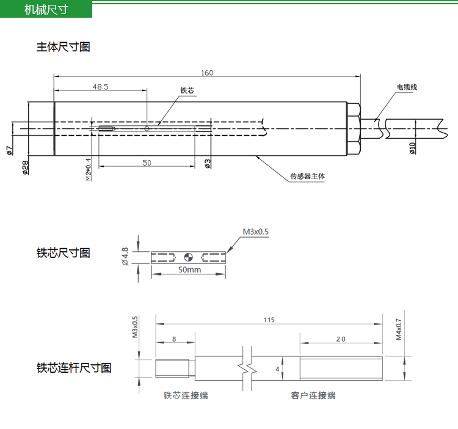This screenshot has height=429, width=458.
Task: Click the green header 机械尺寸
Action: pos(46,10)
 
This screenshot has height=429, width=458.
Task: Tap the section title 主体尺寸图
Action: pos(63,47)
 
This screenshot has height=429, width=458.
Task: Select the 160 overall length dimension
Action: pos(207,73)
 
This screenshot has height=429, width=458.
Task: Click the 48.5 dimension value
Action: pos(101,87)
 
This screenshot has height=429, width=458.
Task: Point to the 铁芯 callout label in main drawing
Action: pos(187,90)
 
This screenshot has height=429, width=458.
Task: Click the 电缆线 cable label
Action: pos(407,87)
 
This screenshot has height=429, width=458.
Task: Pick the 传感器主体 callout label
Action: pos(307,176)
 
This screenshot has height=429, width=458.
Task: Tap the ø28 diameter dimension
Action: pos(26,167)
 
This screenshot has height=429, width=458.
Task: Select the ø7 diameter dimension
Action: pos(9,150)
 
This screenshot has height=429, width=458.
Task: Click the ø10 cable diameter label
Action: pos(412,148)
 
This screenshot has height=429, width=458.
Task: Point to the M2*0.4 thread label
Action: pos(89,169)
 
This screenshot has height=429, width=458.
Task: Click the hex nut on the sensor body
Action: pos(354,128)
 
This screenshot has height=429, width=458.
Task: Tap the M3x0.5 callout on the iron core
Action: pos(256,232)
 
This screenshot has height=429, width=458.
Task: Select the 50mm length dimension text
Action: pos(189,269)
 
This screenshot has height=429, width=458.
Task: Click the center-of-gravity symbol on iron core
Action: pos(189,257)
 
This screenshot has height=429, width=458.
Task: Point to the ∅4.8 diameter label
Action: pos(125,257)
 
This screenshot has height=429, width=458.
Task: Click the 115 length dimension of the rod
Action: pos(269,320)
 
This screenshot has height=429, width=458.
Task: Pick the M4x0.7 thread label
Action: pos(399,329)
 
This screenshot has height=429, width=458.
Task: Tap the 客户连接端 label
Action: pos(313,395)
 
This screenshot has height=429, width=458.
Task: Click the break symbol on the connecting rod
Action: pos(247,369)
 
